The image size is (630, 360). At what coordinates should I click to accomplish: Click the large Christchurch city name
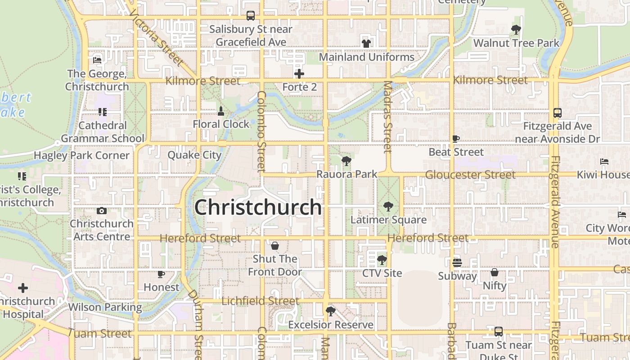[258, 207]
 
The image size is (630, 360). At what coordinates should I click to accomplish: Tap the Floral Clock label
[221, 124]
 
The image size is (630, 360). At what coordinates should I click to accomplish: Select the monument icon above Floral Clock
[221, 111]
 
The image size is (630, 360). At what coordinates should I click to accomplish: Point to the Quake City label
[194, 155]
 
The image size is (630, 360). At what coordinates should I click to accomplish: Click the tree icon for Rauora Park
[346, 161]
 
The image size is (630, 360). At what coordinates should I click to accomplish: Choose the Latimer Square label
[388, 220]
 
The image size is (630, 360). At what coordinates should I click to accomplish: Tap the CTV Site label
[382, 273]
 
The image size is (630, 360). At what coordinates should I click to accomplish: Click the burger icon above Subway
[457, 263]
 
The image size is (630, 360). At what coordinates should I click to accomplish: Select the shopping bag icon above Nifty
[495, 272]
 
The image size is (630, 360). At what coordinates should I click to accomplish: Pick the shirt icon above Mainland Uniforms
[366, 44]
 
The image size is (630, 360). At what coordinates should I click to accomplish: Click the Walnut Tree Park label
[516, 43]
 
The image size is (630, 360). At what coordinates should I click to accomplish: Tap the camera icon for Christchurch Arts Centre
[101, 211]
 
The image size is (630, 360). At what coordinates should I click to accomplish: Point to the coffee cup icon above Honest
[161, 274]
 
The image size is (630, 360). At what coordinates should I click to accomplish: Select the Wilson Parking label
[105, 307]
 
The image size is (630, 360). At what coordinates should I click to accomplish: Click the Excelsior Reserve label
[331, 324]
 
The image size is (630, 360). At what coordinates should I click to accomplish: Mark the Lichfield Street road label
[260, 301]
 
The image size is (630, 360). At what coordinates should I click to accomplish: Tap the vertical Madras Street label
[387, 117]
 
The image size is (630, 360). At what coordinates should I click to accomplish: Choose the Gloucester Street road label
[470, 175]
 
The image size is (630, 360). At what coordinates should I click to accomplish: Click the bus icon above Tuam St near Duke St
[498, 332]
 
